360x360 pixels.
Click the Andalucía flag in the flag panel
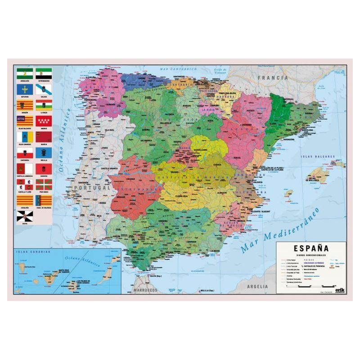coord(25,73)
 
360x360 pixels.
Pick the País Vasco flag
coord(44,184)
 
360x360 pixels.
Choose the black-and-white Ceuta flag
coord(25,216)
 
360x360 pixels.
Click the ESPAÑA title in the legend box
coord(310,248)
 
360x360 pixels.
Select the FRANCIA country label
coord(272,77)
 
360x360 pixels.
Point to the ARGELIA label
coord(257,286)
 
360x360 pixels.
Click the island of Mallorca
coord(321,174)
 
